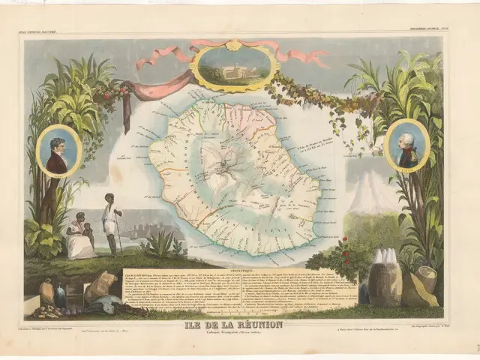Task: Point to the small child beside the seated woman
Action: tap(89, 235)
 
